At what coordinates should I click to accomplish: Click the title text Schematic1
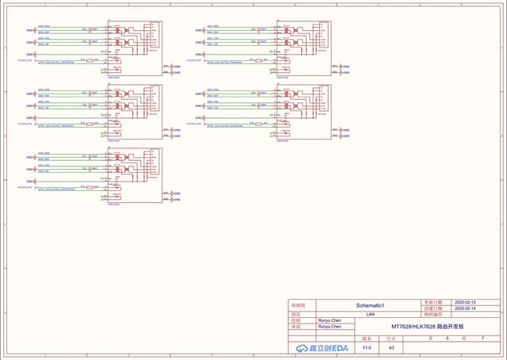[370, 305]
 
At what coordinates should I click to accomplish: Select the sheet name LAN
[370, 314]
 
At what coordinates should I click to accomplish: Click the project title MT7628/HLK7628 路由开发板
[429, 327]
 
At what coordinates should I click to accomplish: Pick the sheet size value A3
[391, 348]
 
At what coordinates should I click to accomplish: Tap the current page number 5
[447, 339]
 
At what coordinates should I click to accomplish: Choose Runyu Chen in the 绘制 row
[330, 320]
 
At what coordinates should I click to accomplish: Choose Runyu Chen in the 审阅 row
[330, 327]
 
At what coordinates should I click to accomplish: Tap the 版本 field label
[366, 339]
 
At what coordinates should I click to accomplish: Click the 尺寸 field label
[391, 339]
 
